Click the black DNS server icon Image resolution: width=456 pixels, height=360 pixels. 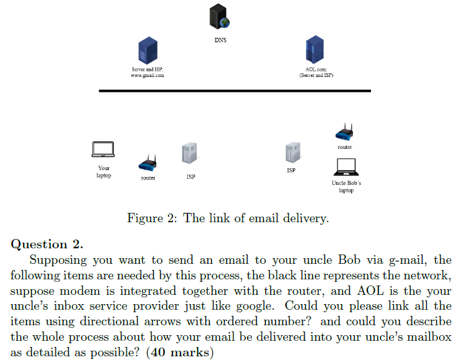(219, 16)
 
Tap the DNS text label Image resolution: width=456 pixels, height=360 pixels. (220, 40)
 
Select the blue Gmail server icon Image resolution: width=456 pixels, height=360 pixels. (148, 50)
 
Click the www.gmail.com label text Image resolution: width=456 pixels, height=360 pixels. (148, 75)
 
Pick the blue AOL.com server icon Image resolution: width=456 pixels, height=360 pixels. (315, 50)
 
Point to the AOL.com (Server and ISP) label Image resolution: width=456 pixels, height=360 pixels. (316, 72)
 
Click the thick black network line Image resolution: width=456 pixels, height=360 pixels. (235, 91)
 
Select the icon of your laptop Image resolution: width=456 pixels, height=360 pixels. (103, 150)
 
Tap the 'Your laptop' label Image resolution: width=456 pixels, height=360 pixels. (104, 172)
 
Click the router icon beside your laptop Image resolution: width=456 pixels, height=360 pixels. (148, 163)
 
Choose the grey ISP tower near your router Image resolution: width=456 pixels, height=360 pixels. (189, 153)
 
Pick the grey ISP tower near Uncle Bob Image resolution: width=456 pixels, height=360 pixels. (293, 153)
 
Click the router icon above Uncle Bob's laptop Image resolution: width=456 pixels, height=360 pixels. (344, 132)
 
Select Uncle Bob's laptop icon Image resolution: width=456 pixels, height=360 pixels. (346, 167)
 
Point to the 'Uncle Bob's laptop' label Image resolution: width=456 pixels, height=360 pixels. (346, 187)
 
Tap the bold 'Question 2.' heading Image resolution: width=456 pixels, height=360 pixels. (47, 244)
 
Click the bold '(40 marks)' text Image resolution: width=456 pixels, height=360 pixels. (180, 352)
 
